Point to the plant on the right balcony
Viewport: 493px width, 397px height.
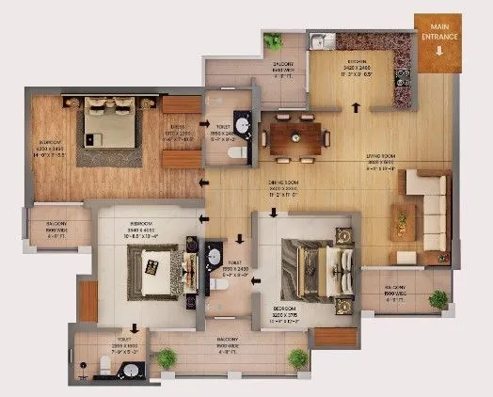(x=438, y=300)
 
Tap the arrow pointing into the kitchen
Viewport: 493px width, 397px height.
(x=355, y=106)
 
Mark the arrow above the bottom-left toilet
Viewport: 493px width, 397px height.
(x=135, y=329)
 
